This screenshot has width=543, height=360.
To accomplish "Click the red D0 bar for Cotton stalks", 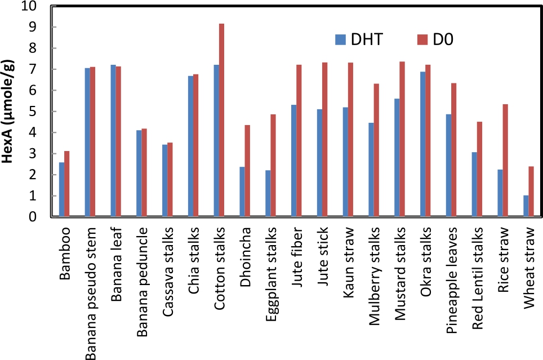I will point(222,120).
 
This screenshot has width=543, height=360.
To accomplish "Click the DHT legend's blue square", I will point(340,39).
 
